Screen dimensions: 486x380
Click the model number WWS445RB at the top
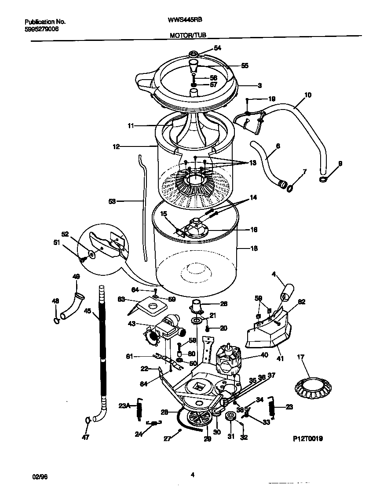coord(185,20)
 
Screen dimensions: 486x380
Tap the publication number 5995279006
coord(41,29)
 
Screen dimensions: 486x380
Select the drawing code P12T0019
coord(308,438)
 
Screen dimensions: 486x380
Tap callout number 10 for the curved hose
coord(307,95)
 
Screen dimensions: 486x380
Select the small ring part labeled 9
coord(322,179)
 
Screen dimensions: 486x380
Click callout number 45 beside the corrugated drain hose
coord(88,311)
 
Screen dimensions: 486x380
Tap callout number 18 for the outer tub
coord(253,248)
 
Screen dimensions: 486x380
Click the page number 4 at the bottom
coord(193,474)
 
